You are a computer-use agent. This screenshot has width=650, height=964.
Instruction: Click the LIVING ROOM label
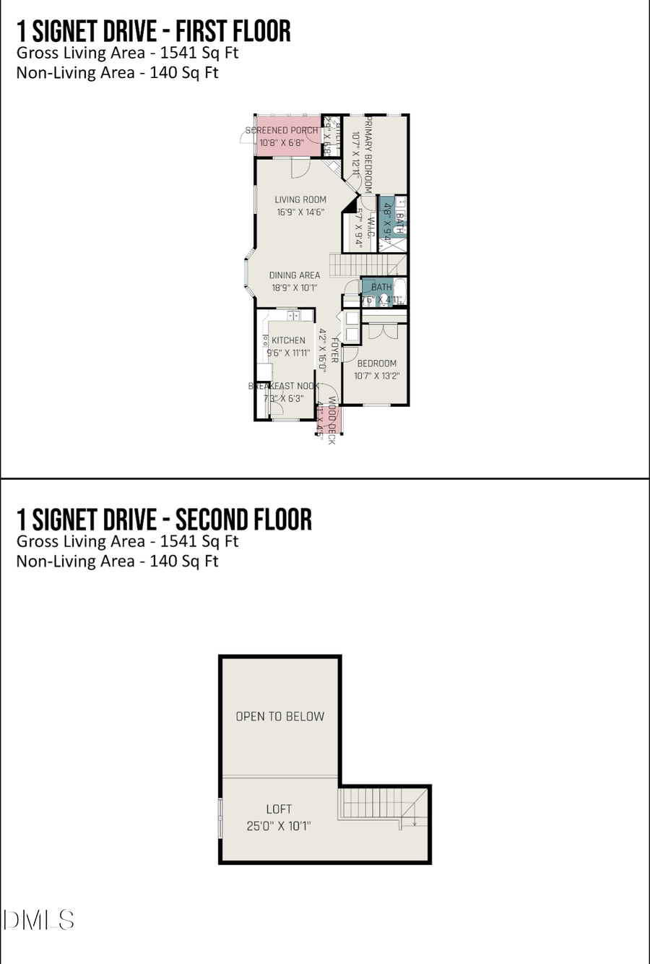(300, 199)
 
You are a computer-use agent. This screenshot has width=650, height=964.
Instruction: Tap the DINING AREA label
(295, 275)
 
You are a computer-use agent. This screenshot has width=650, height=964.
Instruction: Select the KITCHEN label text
(288, 340)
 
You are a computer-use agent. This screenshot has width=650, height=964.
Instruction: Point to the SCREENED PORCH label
(282, 131)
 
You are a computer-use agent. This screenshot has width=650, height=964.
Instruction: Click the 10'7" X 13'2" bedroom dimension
(377, 376)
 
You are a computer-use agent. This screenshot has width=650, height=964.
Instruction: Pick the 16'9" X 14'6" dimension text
(300, 212)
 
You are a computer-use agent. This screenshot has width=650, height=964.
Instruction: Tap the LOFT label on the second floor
(279, 809)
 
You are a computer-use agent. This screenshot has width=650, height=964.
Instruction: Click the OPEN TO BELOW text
(280, 716)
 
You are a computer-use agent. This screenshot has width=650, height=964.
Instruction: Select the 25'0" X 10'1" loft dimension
(279, 826)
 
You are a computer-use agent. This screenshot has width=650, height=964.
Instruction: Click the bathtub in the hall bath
(402, 292)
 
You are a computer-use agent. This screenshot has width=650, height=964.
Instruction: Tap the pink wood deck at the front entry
(329, 420)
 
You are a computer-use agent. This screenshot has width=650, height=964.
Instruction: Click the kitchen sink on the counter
(293, 316)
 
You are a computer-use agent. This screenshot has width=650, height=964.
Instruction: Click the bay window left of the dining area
(248, 275)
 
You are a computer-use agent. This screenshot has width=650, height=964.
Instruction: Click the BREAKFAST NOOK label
(284, 386)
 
